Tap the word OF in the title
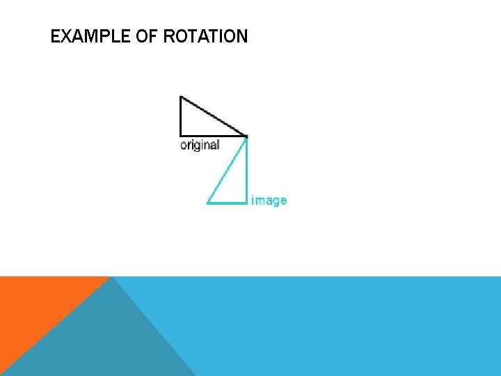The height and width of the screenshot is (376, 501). click(x=146, y=36)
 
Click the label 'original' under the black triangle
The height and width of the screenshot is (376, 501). click(x=200, y=145)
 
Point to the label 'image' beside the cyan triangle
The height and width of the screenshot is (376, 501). click(x=269, y=201)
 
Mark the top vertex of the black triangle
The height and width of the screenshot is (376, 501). click(x=180, y=97)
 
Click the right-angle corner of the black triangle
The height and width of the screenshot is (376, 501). click(x=180, y=135)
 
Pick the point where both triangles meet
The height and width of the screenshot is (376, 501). click(x=247, y=136)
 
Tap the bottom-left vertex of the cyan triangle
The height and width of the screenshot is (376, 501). click(x=207, y=203)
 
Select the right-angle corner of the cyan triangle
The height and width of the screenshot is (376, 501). click(x=247, y=203)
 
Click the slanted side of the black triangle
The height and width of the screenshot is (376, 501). click(x=214, y=116)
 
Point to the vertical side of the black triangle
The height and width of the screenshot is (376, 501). click(x=180, y=116)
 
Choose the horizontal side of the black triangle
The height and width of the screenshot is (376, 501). click(x=214, y=135)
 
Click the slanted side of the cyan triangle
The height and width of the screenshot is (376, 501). click(x=228, y=169)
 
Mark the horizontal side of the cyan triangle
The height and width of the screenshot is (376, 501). click(x=228, y=203)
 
